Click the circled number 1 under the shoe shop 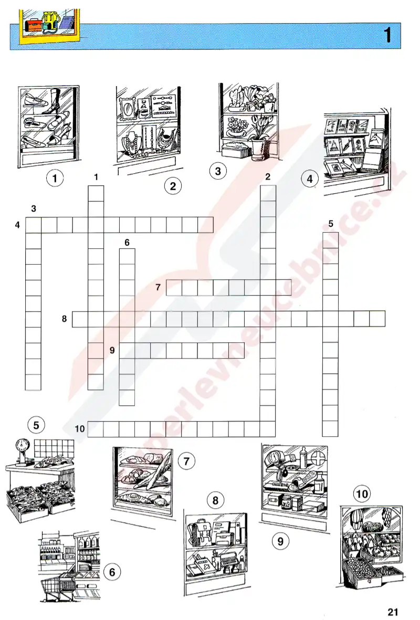coord(55,178)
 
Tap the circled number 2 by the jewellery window coord(173,186)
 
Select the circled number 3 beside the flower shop coord(218,171)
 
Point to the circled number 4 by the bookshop coord(310,178)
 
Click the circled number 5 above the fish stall coord(36,425)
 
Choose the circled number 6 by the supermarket coord(112,572)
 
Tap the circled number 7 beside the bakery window coord(187,460)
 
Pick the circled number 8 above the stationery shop coord(216,500)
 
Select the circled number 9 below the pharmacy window coord(281,541)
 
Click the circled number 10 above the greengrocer coord(362,494)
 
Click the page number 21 coord(393,612)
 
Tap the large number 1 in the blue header coord(387,35)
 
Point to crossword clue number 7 coord(158,287)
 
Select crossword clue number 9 coord(112,350)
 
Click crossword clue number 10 coord(80,428)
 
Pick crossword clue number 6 coord(127,243)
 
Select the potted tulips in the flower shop coord(259,136)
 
